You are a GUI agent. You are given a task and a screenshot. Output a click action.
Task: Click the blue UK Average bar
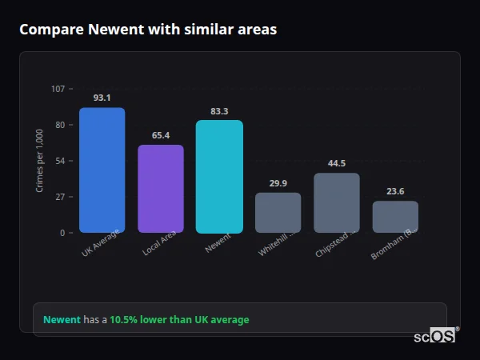pos(102,170)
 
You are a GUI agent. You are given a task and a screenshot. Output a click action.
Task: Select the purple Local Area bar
pos(161,189)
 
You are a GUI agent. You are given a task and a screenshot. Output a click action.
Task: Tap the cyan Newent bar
pos(219,177)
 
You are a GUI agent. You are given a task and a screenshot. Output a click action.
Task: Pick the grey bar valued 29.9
pos(278,213)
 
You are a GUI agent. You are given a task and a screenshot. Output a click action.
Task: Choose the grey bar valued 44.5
pos(337,203)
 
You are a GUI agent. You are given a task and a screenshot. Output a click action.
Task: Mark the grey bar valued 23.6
pos(395,217)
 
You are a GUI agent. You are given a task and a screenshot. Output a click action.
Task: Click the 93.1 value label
pos(102,98)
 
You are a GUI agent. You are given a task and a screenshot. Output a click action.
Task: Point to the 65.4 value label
pos(161,135)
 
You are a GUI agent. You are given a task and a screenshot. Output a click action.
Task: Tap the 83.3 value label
pos(219,111)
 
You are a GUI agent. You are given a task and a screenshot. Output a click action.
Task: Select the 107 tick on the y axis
pos(58,89)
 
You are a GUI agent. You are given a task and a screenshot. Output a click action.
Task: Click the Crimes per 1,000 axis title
pos(39,161)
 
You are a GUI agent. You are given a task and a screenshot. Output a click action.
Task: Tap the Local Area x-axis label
pos(160,245)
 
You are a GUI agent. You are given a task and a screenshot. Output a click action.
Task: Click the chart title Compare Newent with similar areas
pos(148,30)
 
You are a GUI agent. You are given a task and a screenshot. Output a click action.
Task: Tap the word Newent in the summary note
pos(62,320)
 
